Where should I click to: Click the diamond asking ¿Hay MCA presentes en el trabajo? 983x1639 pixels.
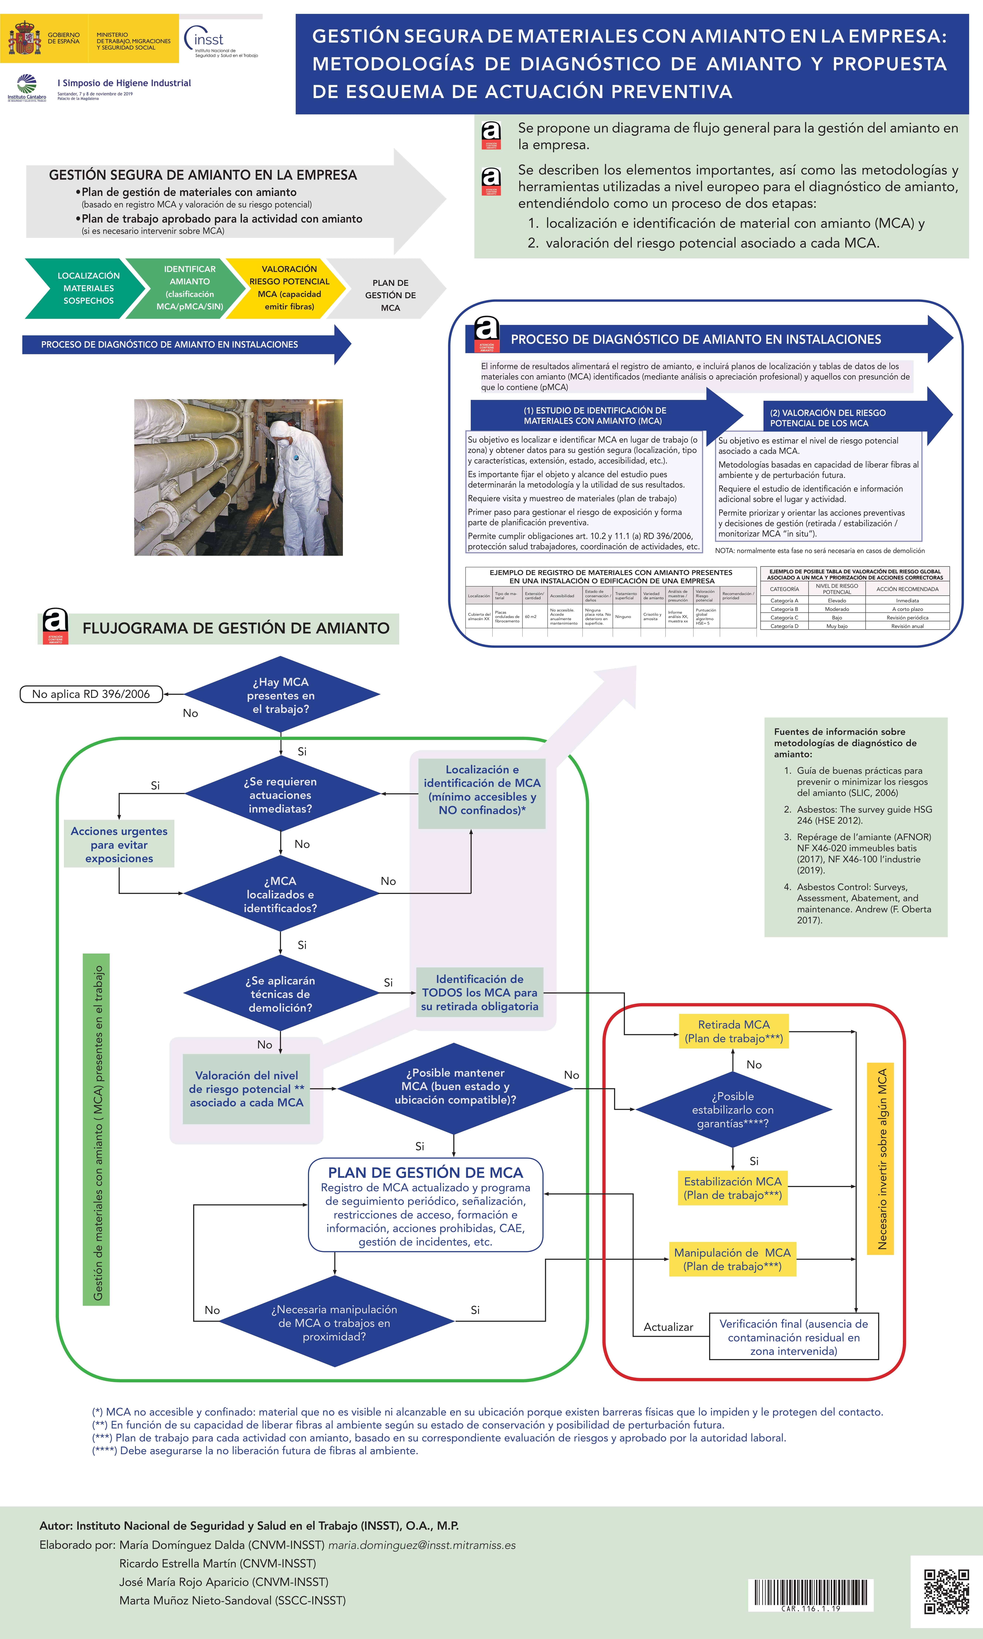click(x=281, y=695)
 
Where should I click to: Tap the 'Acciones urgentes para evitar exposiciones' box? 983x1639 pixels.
click(x=119, y=845)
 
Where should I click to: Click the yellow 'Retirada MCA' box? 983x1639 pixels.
click(x=733, y=1031)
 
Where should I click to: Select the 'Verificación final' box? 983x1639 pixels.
click(x=794, y=1337)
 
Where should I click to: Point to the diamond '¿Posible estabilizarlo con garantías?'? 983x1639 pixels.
click(x=733, y=1110)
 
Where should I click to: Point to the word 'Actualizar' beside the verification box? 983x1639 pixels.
click(x=668, y=1327)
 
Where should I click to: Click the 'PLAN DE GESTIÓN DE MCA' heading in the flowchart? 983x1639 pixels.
click(x=425, y=1172)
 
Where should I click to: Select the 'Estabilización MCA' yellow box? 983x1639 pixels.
click(x=733, y=1188)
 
